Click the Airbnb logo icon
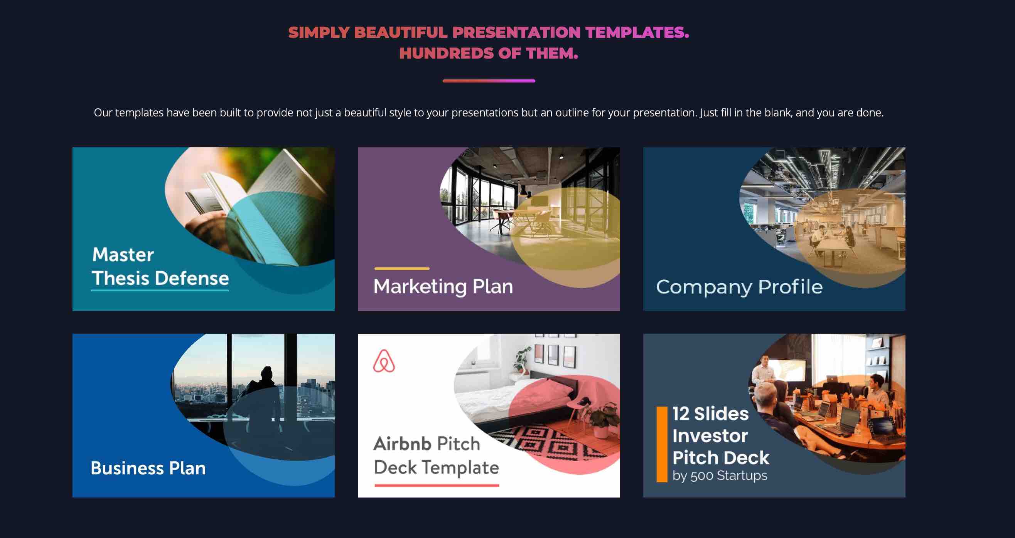click(384, 361)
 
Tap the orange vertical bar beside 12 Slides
click(662, 444)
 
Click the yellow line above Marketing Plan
click(402, 269)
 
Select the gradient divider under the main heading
click(489, 81)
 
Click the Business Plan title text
click(148, 468)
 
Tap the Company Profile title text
click(740, 287)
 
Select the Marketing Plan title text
click(443, 286)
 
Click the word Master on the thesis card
click(123, 254)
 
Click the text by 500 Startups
click(720, 476)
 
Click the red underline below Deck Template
click(437, 485)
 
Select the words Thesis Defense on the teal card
click(160, 278)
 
